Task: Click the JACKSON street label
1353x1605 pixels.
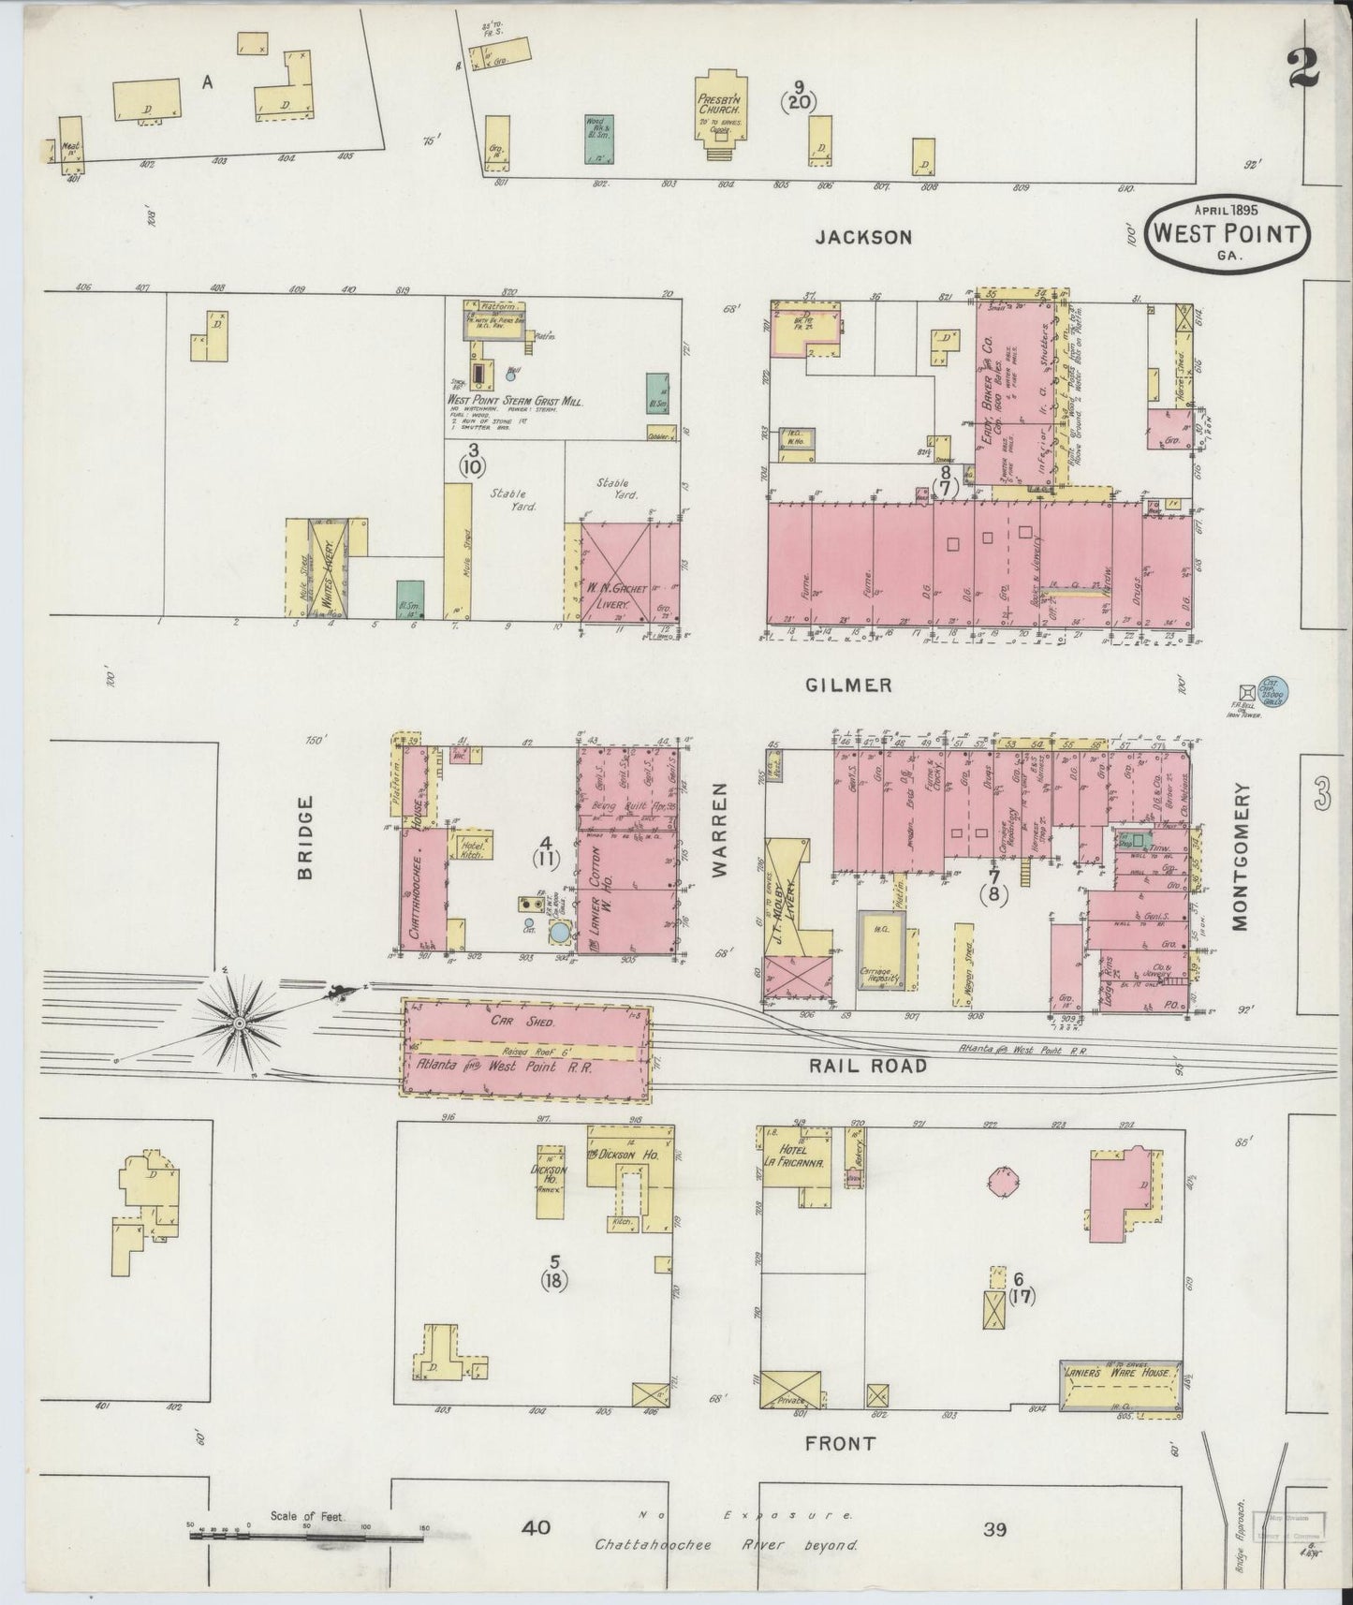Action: tap(862, 237)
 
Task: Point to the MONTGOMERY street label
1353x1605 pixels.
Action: tap(1241, 858)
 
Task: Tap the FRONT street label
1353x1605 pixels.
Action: tap(840, 1469)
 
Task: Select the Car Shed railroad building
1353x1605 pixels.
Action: tap(527, 1046)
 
